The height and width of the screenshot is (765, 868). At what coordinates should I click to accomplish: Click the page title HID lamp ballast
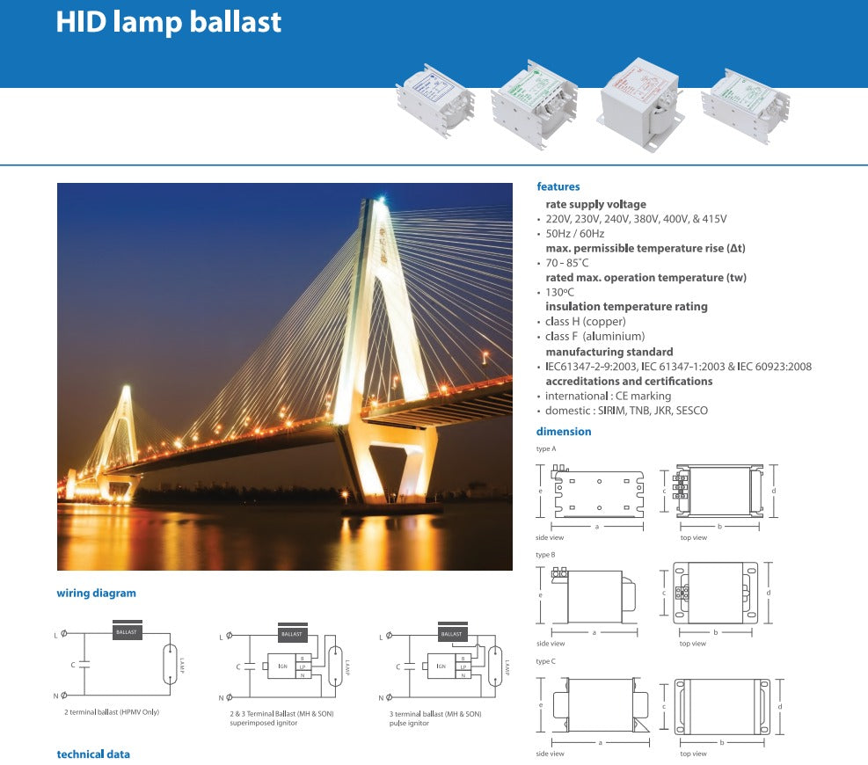169,22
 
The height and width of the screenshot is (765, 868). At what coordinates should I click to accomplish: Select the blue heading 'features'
558,186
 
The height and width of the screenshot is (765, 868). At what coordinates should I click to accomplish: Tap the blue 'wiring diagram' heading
96,594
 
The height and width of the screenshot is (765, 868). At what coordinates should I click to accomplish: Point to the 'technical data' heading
93,754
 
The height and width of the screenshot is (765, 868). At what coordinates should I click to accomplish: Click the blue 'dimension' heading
564,432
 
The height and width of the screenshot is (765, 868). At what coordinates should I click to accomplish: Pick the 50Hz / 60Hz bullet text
575,234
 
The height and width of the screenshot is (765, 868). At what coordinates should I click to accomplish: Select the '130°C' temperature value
560,292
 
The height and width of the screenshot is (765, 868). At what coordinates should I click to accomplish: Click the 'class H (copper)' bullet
586,322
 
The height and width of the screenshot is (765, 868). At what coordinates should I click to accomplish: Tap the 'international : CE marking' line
608,396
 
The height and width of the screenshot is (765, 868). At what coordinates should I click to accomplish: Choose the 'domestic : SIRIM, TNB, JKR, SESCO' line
626,411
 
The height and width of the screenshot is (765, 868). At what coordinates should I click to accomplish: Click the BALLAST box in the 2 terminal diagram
128,632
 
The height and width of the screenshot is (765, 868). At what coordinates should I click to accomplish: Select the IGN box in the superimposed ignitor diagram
282,667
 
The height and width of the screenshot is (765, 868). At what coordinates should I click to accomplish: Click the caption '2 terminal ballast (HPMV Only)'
112,711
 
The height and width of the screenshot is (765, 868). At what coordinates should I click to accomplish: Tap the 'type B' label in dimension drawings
545,555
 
